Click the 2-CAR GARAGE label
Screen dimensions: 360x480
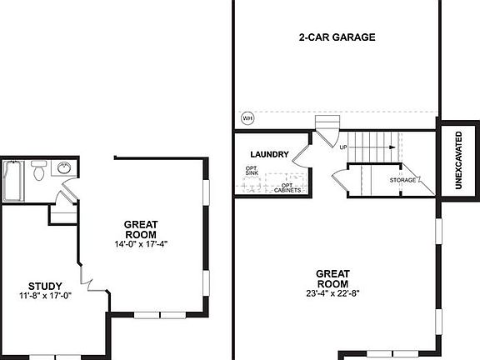tap(337, 37)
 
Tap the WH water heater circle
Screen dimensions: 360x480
tap(247, 117)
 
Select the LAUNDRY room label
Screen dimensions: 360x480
tap(269, 154)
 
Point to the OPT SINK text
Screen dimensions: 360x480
tap(251, 172)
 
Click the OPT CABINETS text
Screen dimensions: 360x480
tap(287, 187)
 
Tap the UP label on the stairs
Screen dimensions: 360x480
tap(343, 147)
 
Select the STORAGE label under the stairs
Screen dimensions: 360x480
tap(403, 180)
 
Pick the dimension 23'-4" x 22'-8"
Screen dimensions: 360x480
tap(332, 292)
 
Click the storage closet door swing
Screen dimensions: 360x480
tap(338, 178)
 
